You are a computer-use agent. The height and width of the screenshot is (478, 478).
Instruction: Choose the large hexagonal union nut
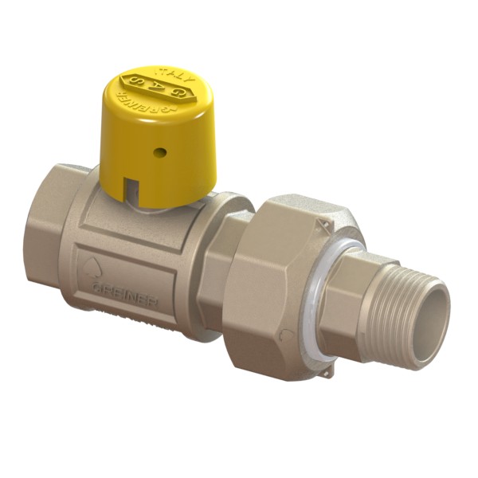[x=291, y=279]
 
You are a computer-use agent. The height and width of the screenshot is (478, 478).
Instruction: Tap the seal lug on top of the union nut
[x=319, y=225]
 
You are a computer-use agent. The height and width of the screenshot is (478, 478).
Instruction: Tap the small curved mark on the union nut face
[x=287, y=334]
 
